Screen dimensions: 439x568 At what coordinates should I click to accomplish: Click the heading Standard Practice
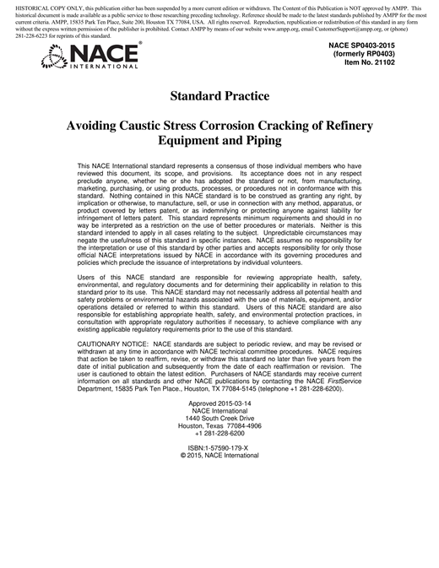pos(219,96)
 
